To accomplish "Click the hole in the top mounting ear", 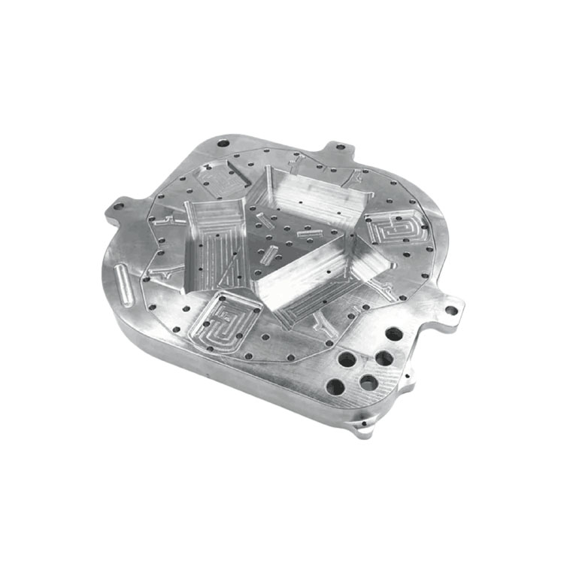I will pyautogui.click(x=339, y=148).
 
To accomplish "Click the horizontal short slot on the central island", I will pyautogui.click(x=308, y=234).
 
